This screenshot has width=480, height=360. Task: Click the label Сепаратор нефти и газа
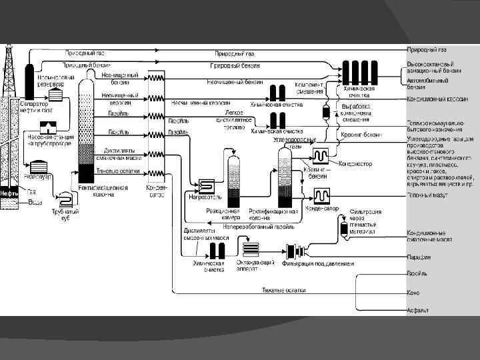pyautogui.click(x=36, y=106)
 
